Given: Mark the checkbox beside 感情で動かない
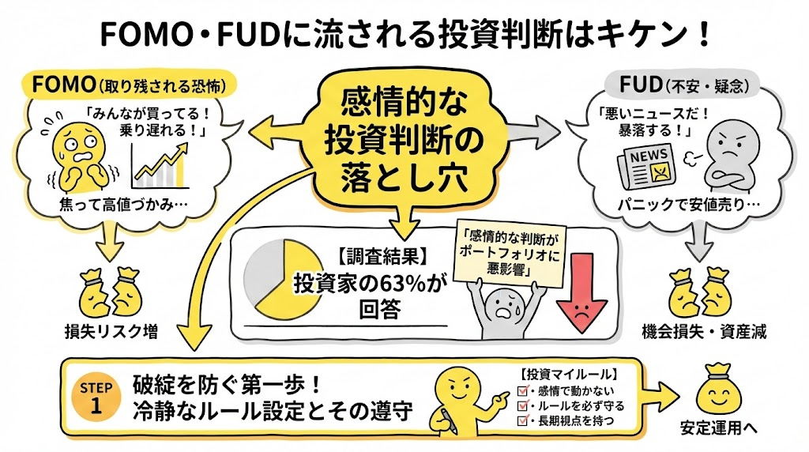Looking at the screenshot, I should pyautogui.click(x=521, y=390).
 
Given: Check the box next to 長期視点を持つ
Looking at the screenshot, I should pyautogui.click(x=521, y=421).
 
